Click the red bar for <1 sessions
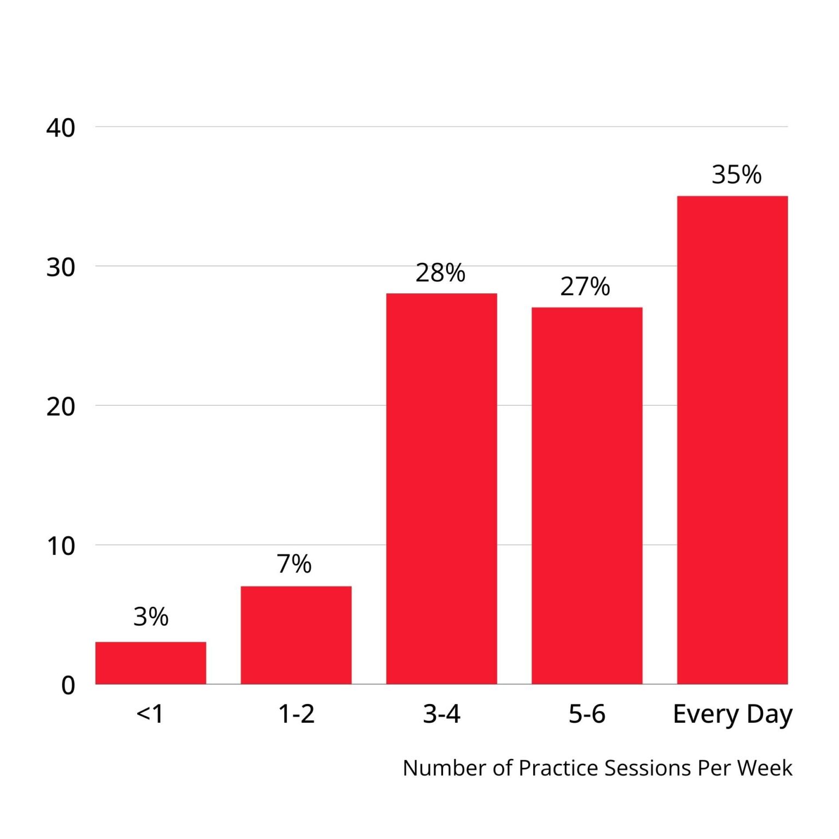point(151,663)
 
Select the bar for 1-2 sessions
point(296,635)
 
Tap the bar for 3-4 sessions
point(441,488)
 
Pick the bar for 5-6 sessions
point(587,495)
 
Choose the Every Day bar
point(732,440)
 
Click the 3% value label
point(151,617)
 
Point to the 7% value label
point(294,564)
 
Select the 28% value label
point(440,273)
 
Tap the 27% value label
point(584,286)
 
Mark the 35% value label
point(736,175)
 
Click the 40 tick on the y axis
point(61,128)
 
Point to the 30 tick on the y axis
point(61,267)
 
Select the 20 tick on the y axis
point(61,406)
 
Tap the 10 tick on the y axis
point(61,546)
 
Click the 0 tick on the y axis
point(68,685)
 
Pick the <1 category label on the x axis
point(150,713)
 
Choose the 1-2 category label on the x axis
point(296,713)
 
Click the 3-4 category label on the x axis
point(441,713)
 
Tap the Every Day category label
point(732,714)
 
